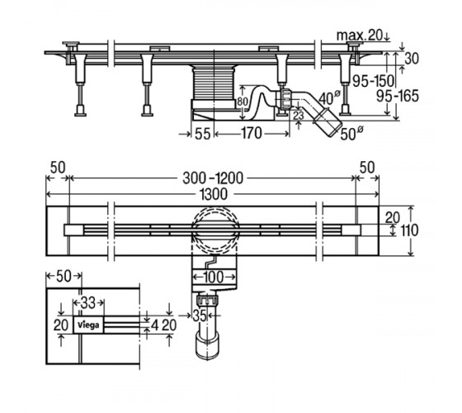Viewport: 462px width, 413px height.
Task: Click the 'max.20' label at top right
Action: pos(360,36)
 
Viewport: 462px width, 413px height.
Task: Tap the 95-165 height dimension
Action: pos(398,96)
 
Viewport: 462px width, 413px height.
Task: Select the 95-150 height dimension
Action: pos(373,81)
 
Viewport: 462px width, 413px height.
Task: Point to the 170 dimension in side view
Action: pos(252,133)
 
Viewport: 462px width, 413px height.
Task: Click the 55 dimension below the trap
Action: pos(203,134)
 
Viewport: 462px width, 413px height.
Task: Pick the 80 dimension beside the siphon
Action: pos(243,102)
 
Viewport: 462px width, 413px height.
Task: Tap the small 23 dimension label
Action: pos(299,116)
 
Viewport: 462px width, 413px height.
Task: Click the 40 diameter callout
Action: pos(329,98)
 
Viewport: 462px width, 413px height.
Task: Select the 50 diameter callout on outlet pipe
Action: pos(351,133)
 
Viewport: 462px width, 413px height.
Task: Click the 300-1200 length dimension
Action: pos(213,178)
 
